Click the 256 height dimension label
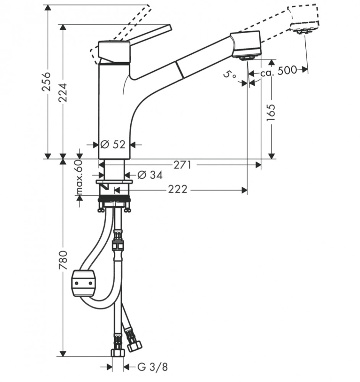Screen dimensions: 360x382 pyautogui.click(x=46, y=82)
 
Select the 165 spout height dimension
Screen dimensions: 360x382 pyautogui.click(x=271, y=112)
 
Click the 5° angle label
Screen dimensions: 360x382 pyautogui.click(x=229, y=75)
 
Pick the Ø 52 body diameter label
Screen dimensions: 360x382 pyautogui.click(x=113, y=145)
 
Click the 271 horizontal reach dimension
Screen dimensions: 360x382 pyautogui.click(x=183, y=165)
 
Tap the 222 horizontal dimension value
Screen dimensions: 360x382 pyautogui.click(x=178, y=189)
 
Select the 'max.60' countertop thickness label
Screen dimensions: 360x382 pyautogui.click(x=79, y=177)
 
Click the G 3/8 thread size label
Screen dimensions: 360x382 pyautogui.click(x=152, y=367)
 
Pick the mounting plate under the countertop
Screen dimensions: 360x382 pyautogui.click(x=114, y=182)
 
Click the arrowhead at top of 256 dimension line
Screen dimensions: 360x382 pyautogui.click(x=48, y=7)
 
